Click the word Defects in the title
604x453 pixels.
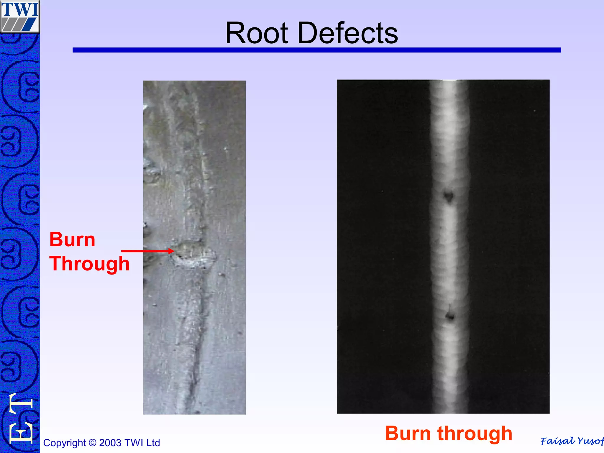click(x=348, y=33)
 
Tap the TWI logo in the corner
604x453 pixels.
click(x=20, y=17)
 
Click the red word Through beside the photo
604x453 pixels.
click(x=89, y=263)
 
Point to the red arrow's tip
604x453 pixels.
click(x=173, y=251)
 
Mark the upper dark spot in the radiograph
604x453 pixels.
click(x=449, y=196)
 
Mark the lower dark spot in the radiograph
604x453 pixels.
click(x=450, y=316)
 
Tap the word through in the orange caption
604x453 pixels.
click(x=475, y=433)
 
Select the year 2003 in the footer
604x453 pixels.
click(x=110, y=443)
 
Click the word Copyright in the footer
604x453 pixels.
click(x=64, y=443)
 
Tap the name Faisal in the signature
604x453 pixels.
click(x=557, y=441)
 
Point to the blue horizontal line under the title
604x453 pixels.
click(x=316, y=50)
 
